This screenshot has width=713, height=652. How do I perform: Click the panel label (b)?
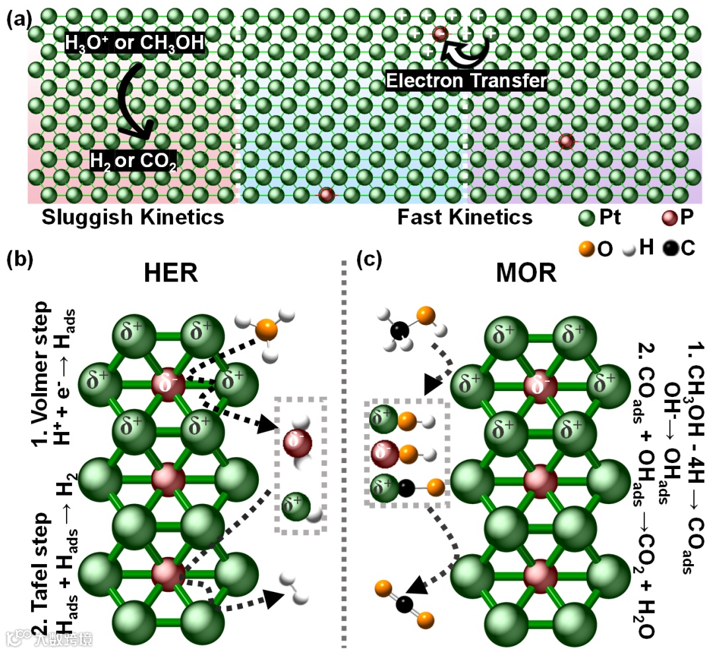pos(19,260)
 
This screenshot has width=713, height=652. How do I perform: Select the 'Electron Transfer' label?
pos(467,81)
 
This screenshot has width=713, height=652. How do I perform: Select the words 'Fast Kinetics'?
pos(465,217)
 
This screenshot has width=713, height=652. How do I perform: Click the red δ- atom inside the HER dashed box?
pos(296,443)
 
